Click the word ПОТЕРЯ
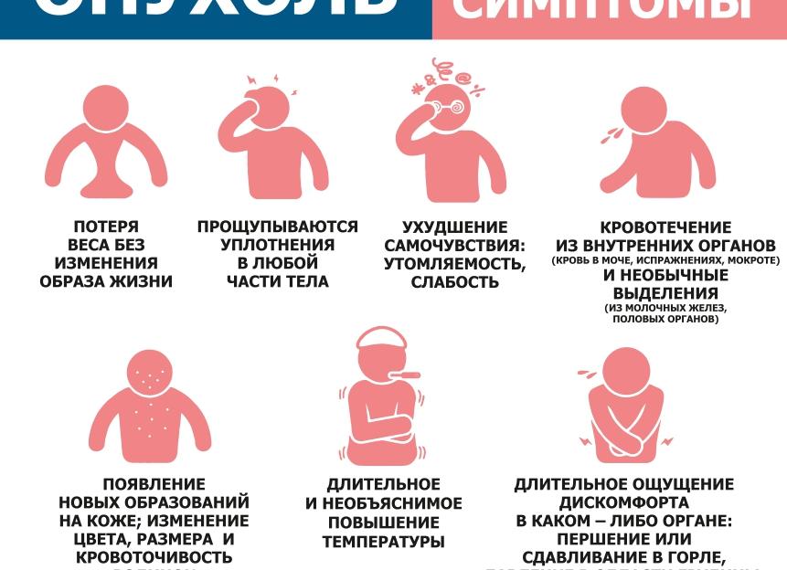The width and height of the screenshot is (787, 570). (107, 227)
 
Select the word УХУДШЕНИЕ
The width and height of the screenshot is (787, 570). (454, 227)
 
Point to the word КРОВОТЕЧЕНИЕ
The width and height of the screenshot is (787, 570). (665, 227)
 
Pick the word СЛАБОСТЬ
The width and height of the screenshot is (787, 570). (454, 282)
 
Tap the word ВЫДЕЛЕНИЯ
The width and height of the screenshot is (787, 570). (665, 293)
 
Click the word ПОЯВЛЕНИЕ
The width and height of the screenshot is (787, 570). (154, 484)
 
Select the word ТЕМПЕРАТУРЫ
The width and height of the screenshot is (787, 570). (383, 542)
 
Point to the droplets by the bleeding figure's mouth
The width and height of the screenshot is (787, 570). (609, 133)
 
